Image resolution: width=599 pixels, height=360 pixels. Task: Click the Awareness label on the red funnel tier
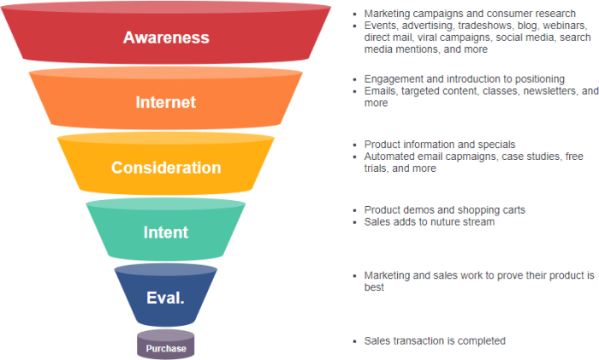pos(166,38)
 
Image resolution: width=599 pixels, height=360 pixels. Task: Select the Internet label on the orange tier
pos(166,103)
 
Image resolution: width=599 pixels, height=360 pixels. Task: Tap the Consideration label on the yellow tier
pos(166,168)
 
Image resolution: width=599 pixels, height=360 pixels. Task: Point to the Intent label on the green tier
pos(166,232)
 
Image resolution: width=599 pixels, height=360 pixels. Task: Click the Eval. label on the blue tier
pos(166,298)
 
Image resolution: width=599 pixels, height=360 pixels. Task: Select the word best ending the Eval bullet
pos(375,288)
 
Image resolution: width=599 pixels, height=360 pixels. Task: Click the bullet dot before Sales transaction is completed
pos(355,341)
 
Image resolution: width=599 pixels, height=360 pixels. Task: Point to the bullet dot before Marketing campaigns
pos(355,14)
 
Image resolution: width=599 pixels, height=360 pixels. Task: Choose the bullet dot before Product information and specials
pos(355,145)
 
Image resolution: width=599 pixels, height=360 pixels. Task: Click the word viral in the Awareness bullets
pos(430,38)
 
